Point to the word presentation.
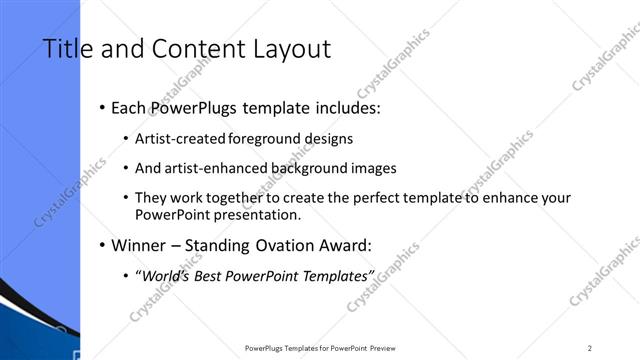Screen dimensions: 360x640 pos(253,214)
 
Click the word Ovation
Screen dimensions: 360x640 pos(282,245)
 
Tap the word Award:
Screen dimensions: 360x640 pos(346,245)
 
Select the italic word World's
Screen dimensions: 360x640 pos(166,275)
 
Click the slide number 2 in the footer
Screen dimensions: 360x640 pos(589,348)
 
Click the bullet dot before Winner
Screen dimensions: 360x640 pos(103,245)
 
